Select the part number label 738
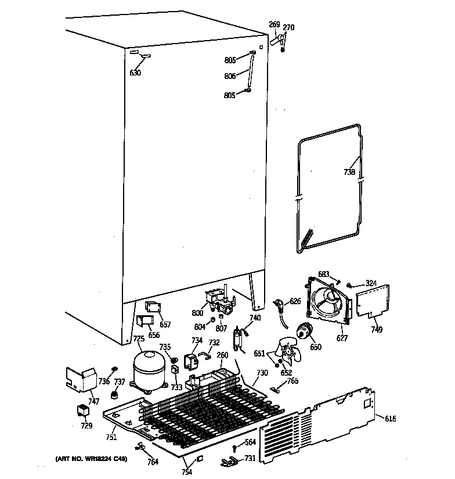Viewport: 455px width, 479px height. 349,172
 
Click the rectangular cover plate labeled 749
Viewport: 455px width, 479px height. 372,301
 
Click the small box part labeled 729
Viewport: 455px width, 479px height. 85,412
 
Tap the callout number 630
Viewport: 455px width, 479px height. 135,73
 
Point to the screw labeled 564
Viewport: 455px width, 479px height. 233,448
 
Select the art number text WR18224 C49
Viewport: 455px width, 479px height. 92,459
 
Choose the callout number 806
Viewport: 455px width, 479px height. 230,75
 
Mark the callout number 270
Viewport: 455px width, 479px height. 288,27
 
